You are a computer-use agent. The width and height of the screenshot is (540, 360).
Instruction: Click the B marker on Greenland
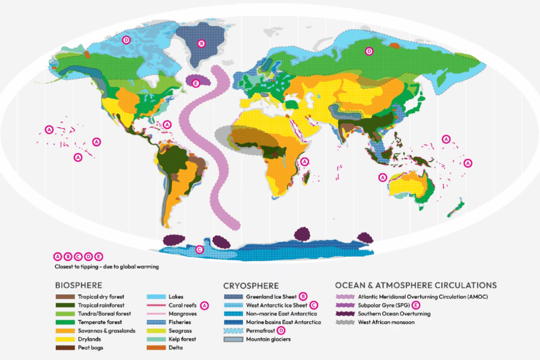point(202,44)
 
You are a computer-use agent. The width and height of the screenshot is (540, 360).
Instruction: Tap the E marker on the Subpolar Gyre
point(195,83)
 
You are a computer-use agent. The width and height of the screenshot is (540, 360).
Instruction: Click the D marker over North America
point(126,40)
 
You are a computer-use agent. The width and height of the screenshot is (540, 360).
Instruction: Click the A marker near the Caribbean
point(168,124)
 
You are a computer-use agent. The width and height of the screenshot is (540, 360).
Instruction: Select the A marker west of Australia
point(383,177)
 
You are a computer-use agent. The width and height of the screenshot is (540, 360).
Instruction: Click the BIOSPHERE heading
point(78,285)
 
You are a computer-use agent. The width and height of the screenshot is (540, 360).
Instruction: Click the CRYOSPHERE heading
point(251,285)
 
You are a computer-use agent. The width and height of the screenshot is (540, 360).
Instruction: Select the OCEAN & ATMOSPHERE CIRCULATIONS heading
point(416,285)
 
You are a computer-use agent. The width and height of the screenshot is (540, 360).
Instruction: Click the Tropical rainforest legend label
point(101,305)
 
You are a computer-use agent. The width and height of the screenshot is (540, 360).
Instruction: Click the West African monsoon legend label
point(387,322)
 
